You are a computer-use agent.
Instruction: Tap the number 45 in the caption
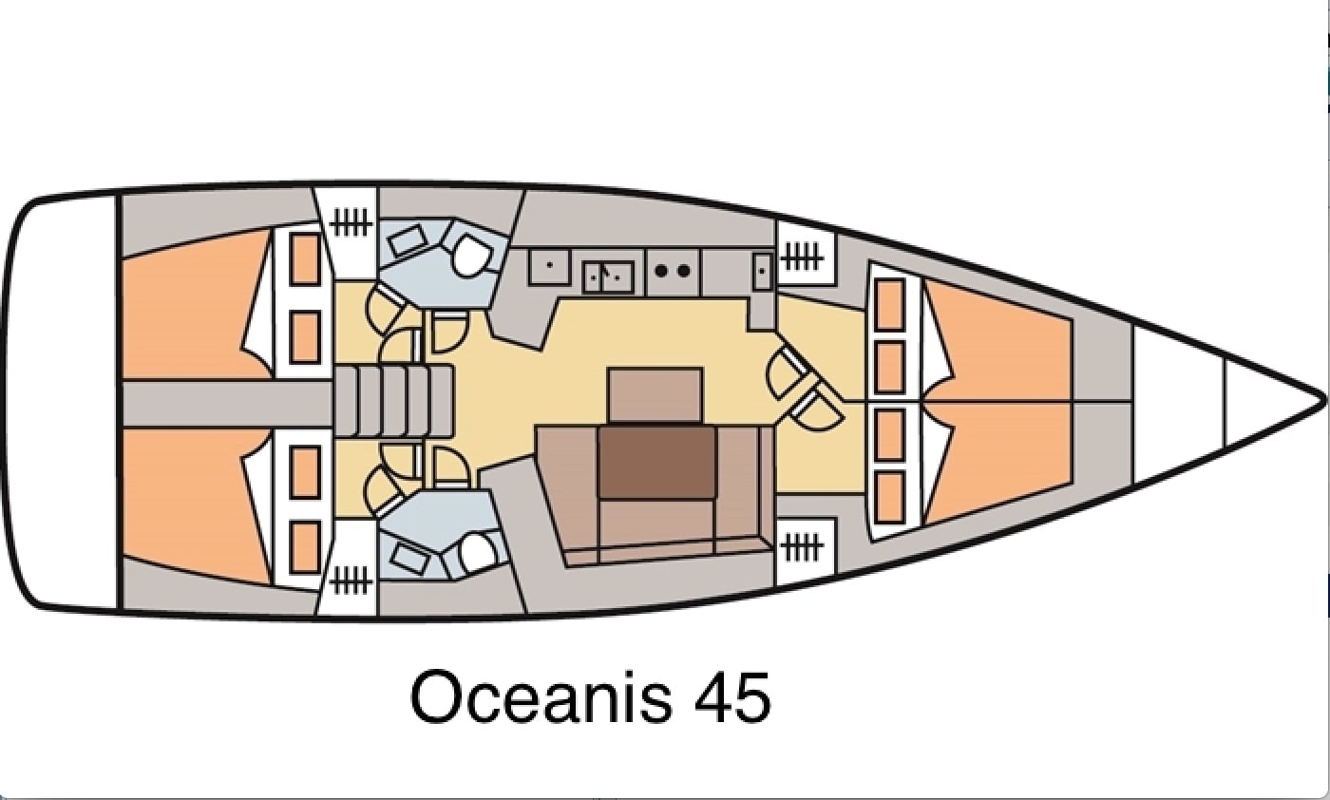click(x=733, y=696)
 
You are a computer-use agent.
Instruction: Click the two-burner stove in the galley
click(x=673, y=271)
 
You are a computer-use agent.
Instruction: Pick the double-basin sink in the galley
click(x=609, y=276)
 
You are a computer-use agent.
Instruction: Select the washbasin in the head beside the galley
click(x=408, y=240)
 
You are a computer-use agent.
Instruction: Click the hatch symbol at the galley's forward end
click(x=802, y=257)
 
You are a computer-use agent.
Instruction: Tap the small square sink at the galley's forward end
click(x=763, y=272)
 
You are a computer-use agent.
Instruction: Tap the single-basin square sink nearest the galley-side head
click(x=549, y=266)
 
